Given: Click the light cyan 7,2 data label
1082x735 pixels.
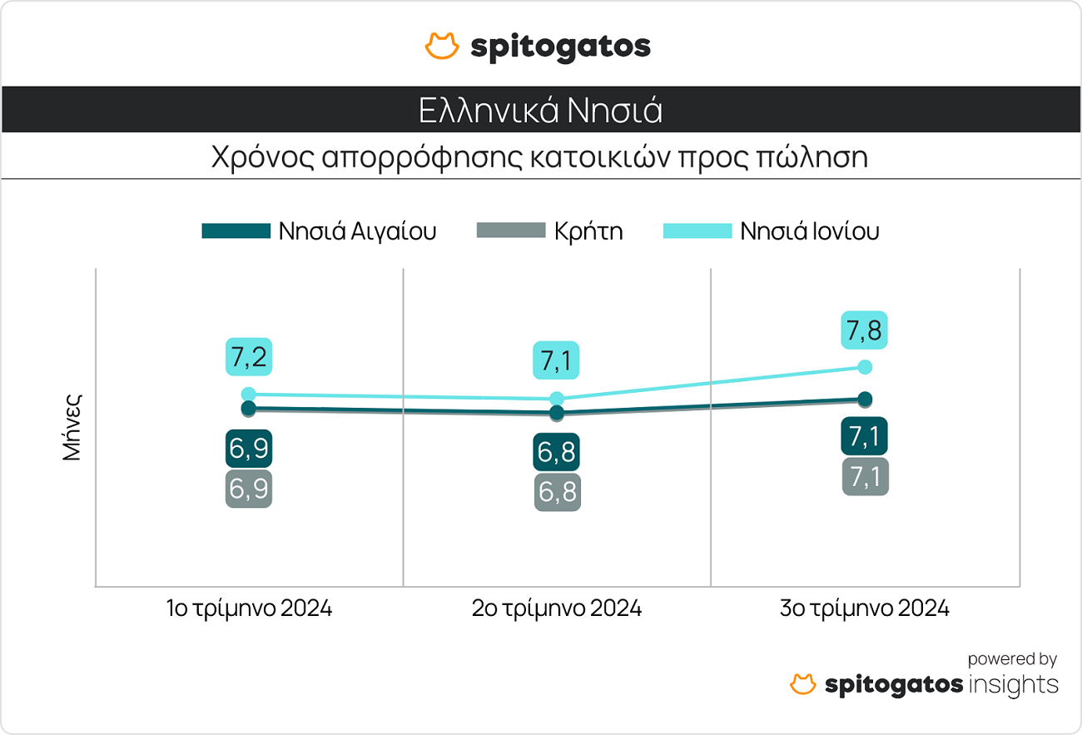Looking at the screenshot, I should coord(249,357).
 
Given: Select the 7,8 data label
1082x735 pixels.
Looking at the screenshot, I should coord(865,330).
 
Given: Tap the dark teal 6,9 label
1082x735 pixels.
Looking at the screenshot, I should coord(249,449).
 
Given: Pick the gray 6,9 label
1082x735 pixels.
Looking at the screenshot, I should coord(249,489).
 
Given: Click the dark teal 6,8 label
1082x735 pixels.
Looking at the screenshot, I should coord(557,452).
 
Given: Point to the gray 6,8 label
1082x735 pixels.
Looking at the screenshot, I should coord(557,492).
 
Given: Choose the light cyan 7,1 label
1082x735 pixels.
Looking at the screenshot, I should coord(557,361).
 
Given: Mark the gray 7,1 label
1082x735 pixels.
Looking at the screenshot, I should coord(865,477).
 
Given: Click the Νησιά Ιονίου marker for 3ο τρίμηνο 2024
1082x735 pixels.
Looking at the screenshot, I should coord(865,367).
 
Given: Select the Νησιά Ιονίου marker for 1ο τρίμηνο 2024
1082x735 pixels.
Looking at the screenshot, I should coord(249,395).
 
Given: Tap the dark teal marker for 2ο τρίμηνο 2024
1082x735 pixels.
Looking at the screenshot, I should coord(557,413).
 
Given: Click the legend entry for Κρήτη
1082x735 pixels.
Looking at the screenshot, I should coord(549,231).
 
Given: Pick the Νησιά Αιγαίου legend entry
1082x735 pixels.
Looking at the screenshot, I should coord(319,231).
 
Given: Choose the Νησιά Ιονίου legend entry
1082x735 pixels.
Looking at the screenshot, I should coord(771,231).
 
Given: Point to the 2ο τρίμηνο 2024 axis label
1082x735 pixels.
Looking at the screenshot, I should coord(557,608).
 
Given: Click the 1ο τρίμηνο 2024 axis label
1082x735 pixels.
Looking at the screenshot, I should coord(249,608).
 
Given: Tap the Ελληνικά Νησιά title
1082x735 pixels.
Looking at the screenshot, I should coord(541,110).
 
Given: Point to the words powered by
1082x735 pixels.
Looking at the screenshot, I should coord(1012,659).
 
